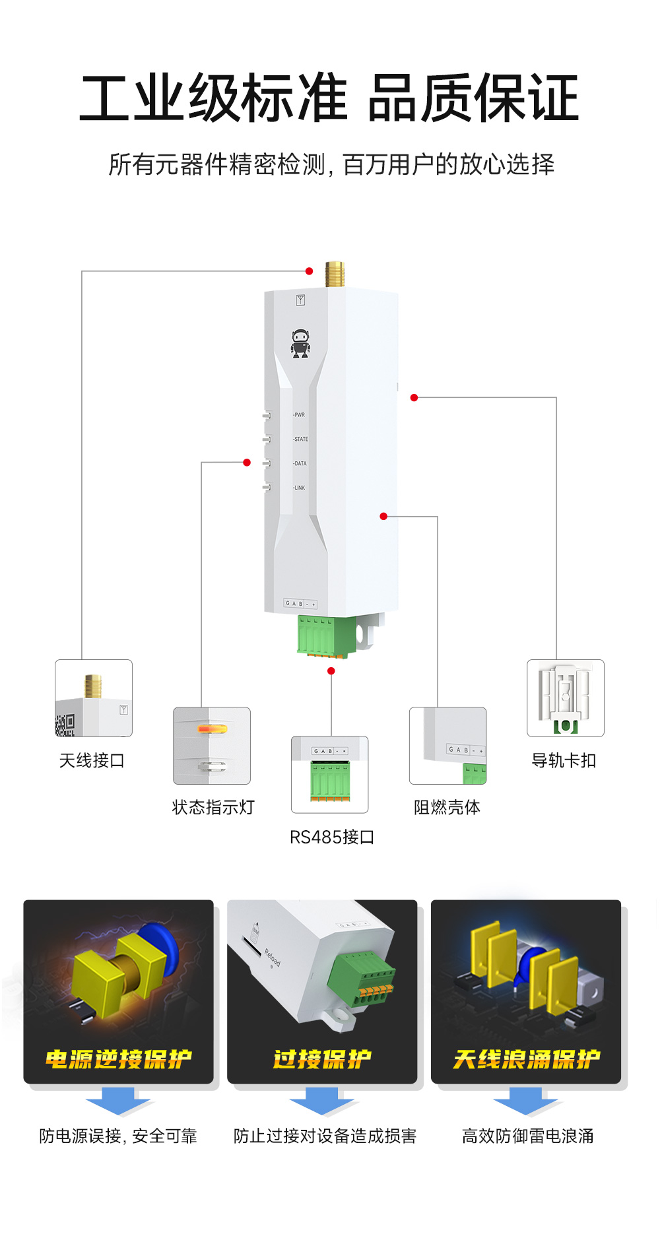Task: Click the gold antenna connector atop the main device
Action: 335,275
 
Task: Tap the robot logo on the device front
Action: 301,344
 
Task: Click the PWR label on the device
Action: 300,415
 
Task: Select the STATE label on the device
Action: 301,439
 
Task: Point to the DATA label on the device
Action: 300,463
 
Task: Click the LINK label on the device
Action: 300,488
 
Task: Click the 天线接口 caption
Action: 92,761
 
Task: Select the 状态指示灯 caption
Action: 213,807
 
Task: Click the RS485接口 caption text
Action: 332,837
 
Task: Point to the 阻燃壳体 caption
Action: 447,807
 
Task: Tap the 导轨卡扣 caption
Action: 564,761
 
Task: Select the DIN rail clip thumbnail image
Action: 566,698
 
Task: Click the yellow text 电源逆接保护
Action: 119,1059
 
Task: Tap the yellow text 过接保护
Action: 322,1059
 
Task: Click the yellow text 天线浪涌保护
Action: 527,1059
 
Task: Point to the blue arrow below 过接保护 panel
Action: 322,1101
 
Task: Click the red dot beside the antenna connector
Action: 309,271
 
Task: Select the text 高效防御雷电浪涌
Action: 527,1136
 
